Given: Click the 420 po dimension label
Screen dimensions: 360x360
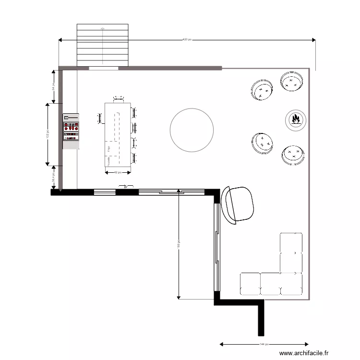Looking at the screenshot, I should point(187,39).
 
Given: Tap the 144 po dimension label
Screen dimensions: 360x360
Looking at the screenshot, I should point(264,344).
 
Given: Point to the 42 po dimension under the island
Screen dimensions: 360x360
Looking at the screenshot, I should point(118,172).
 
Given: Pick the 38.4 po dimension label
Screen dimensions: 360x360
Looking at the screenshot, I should point(54,178).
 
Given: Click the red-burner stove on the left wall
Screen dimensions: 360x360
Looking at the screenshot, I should point(71,127).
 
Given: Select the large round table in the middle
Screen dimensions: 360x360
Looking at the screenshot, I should point(192,130).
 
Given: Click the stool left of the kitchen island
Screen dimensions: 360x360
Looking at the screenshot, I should point(100,118).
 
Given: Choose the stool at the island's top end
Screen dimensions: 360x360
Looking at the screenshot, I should point(118,99).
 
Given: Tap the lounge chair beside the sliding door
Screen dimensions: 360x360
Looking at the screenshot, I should point(238,204).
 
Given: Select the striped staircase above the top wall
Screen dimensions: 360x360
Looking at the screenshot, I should point(103,45).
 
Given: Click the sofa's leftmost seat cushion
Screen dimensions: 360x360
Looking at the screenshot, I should point(250,283).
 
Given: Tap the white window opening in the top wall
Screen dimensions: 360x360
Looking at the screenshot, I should point(103,69).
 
